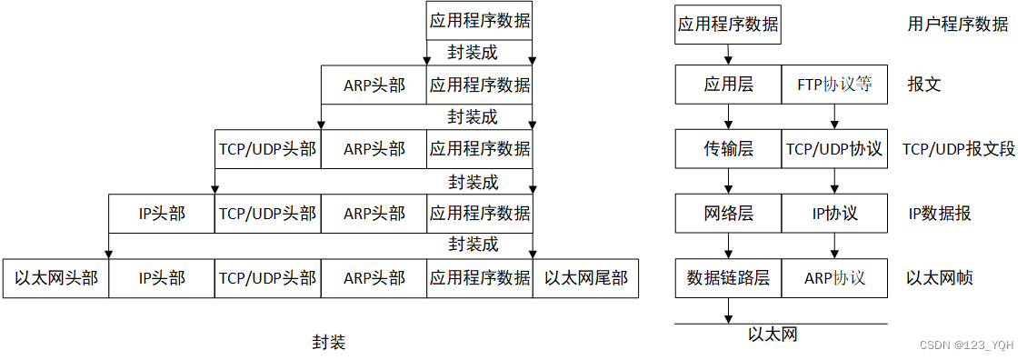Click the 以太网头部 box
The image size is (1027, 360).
(55, 278)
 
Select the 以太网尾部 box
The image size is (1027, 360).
(585, 278)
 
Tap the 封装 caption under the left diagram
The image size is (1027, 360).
(329, 343)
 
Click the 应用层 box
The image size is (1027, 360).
(728, 85)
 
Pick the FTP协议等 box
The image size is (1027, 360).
(834, 85)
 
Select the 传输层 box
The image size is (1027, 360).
(728, 149)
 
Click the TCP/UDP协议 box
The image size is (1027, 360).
(834, 149)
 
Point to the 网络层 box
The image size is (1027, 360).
(728, 214)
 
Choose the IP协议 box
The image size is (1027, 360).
(834, 214)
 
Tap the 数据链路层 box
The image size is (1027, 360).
(728, 278)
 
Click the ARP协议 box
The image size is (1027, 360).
(834, 278)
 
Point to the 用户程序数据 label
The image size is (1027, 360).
(958, 25)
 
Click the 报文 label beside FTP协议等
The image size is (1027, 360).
(924, 85)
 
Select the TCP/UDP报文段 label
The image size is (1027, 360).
(958, 149)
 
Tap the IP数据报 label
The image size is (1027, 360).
(940, 214)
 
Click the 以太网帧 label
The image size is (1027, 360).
(940, 278)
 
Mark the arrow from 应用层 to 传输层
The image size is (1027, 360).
(728, 116)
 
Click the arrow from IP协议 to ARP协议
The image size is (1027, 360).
(834, 245)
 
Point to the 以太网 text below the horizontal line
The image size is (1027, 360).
(773, 335)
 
